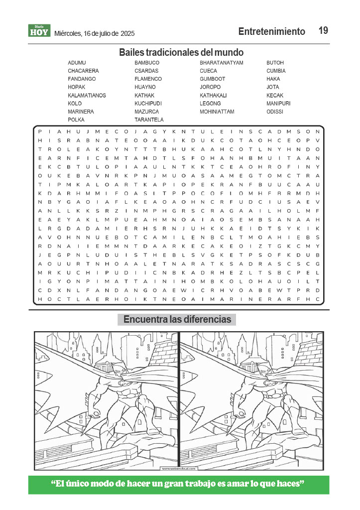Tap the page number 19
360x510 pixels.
[323, 31]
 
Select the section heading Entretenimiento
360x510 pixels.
[271, 31]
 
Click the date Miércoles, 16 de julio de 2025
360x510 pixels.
[94, 33]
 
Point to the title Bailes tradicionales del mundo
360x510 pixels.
[181, 52]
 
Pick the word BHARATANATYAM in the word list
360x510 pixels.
[221, 63]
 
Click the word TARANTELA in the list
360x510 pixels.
[149, 120]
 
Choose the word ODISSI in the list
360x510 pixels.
[274, 112]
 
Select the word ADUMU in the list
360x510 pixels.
[77, 63]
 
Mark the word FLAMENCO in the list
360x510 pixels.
[148, 79]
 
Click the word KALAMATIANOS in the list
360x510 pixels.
[87, 95]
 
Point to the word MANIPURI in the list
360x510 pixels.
[278, 103]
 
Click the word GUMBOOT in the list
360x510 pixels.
[212, 79]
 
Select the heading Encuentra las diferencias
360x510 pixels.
[177, 319]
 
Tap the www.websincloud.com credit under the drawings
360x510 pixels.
[179, 468]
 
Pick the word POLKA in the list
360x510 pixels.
[76, 120]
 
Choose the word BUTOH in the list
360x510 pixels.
[275, 63]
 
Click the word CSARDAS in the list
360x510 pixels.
[146, 71]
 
